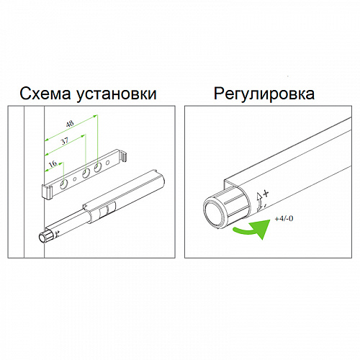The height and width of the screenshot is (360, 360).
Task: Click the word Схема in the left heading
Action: pos(45,94)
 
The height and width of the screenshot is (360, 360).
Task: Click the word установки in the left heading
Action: pos(117,94)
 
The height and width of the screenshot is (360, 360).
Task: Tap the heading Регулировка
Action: pos(264,94)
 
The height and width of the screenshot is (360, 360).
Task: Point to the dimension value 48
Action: pos(70,124)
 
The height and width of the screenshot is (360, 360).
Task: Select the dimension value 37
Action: pos(64,141)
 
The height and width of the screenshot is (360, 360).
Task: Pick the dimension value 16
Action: pos(53,163)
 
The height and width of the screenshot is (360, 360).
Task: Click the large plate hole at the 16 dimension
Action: pos(64,184)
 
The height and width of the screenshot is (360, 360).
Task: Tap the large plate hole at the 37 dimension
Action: pos(86,174)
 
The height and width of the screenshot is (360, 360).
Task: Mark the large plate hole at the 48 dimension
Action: pos(97,167)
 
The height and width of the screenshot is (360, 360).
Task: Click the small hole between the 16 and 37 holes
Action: pos(75,179)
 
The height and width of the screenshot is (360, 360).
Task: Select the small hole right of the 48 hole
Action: pos(108,163)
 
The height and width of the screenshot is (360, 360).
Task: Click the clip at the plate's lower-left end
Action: pos(47,192)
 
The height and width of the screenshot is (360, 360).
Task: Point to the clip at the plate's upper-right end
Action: pos(123,156)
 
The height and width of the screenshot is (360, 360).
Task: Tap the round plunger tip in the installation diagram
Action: pos(42,238)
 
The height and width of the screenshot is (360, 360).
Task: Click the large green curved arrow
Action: pos(254,229)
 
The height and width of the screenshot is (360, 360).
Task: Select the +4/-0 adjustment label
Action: pos(284,219)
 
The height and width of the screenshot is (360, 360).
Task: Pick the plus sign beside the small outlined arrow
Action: pos(266,194)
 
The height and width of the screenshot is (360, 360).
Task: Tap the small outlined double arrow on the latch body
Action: pos(260,202)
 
